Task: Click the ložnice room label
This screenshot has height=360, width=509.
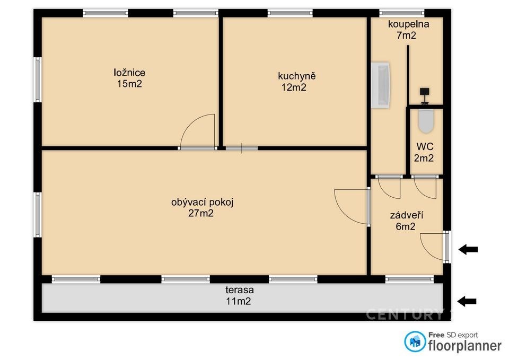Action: point(129,73)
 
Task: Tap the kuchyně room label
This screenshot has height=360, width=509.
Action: point(297,76)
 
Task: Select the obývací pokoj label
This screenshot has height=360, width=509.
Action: point(202,202)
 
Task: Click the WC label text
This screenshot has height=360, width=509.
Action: point(425,147)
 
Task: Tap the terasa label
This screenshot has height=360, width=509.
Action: point(240,289)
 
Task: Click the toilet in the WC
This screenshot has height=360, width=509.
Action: point(426,121)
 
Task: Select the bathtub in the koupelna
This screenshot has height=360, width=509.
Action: point(381,85)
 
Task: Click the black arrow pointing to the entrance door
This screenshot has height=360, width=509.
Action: point(468,249)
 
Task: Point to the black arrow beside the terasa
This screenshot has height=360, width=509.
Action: point(467,301)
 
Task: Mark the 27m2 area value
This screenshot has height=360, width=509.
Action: point(201,213)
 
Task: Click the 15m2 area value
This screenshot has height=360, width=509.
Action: point(129,84)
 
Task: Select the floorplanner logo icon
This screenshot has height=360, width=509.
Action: point(415,341)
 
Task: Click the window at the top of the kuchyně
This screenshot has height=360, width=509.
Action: point(290,13)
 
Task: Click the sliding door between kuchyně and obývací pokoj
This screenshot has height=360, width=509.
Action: point(242,148)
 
